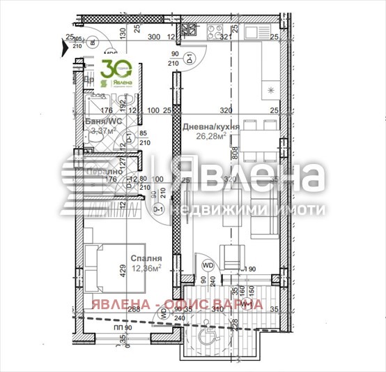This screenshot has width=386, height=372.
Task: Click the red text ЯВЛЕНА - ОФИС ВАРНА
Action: click(178, 304)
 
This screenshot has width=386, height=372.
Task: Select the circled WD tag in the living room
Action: click(208, 265)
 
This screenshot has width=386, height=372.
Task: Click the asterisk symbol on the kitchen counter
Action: click(271, 89)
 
